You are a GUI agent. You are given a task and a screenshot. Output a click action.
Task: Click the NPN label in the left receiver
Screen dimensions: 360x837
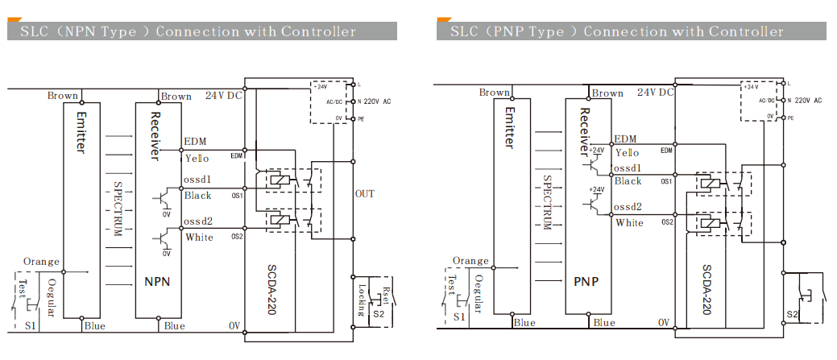pos(156,283)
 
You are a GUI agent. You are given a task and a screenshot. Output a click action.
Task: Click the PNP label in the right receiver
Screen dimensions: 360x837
pos(586,283)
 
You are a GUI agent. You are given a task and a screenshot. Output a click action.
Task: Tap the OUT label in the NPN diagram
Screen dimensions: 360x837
pos(364,193)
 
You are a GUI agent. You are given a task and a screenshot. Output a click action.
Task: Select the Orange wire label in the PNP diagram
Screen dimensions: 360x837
pos(470,261)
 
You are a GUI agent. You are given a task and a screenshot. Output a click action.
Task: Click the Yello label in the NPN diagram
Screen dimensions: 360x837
pos(197,158)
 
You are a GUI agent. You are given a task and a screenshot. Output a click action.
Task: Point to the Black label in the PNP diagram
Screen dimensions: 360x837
pos(628,181)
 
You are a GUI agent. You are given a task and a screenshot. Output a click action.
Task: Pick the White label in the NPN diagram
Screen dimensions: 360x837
pos(199,238)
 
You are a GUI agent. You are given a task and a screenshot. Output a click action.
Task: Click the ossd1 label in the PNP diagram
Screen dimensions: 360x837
pos(628,168)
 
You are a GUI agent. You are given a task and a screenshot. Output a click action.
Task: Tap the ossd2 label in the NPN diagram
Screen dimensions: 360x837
pos(198,221)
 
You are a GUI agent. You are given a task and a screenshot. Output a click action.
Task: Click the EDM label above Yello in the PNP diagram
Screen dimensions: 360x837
pos(625,139)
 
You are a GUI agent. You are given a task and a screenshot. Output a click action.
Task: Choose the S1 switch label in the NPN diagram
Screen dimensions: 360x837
pos(30,325)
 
